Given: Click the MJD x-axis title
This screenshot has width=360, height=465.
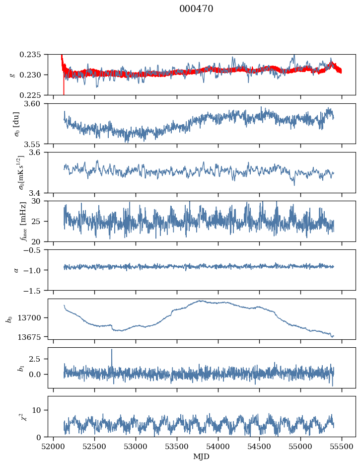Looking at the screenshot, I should point(202,456).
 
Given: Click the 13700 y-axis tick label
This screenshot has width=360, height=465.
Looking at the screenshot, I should point(33,317).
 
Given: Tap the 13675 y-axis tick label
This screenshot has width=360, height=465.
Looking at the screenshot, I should point(33,336).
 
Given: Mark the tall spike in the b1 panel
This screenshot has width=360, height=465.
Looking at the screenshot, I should point(112,350).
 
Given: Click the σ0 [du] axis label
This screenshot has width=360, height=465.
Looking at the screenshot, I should point(17,124).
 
